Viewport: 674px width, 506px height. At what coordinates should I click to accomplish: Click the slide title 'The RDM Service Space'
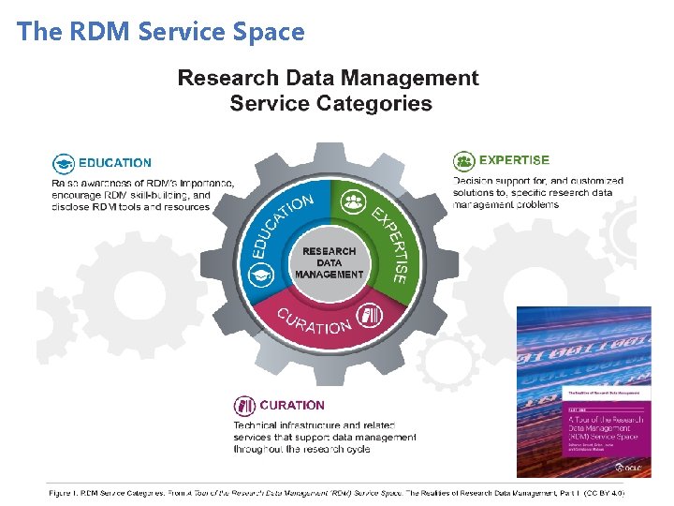coord(161,32)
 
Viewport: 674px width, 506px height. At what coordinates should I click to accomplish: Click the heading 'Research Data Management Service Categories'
coord(328,90)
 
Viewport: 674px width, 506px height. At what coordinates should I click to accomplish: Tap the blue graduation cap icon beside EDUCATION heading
coord(64,163)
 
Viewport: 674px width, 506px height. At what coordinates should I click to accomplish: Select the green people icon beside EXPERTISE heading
coord(463,161)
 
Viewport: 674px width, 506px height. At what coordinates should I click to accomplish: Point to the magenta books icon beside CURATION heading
coord(244,406)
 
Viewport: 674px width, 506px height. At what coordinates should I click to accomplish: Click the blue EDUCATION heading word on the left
coord(114,163)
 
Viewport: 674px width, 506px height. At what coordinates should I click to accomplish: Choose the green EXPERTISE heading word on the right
coord(514,160)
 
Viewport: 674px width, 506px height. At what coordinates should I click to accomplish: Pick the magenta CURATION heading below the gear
coord(292,406)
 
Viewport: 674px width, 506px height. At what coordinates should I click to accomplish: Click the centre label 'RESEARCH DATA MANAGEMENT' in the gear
coord(329,262)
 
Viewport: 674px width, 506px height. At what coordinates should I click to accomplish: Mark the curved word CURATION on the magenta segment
coord(315,322)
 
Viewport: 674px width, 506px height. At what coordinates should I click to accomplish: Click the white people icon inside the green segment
coord(353,201)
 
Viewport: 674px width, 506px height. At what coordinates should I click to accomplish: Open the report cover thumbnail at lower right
coord(583,392)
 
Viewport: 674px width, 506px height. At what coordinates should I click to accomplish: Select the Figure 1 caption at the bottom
coord(336,491)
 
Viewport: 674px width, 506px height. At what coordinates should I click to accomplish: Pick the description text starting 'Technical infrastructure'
coord(324,437)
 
